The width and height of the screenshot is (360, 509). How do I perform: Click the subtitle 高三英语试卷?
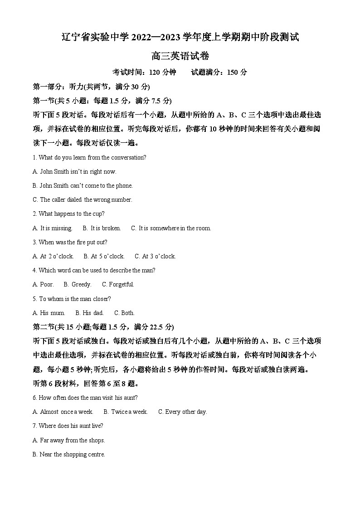[180, 56]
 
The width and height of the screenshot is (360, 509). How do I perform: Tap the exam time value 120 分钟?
[162, 72]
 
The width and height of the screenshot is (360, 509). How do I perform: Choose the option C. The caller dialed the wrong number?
[82, 199]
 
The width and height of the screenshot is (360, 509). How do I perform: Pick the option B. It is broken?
[102, 228]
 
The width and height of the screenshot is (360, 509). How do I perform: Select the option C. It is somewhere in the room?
[171, 228]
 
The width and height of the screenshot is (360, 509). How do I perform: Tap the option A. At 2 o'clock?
[53, 256]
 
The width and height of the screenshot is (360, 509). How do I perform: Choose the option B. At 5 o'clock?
[104, 256]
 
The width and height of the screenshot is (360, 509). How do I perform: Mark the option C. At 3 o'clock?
[155, 256]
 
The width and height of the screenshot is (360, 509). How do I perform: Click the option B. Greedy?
[78, 284]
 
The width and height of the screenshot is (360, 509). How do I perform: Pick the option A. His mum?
[49, 313]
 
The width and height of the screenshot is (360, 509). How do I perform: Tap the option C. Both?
[124, 313]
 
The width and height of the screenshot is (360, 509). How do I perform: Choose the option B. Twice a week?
[126, 412]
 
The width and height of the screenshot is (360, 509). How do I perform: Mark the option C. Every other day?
[182, 412]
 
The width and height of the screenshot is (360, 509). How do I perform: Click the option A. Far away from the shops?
[68, 440]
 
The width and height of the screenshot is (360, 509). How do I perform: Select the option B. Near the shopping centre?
[69, 454]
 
